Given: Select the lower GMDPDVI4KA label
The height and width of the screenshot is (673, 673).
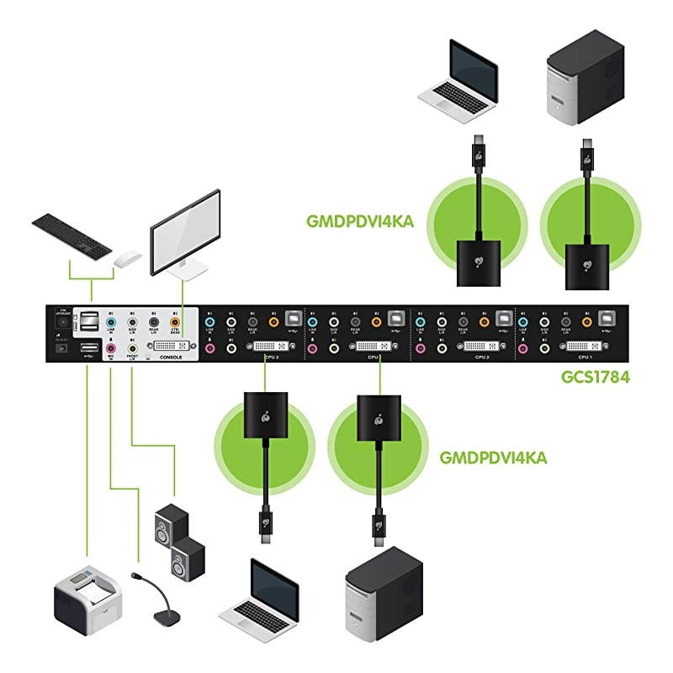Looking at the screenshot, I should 493,458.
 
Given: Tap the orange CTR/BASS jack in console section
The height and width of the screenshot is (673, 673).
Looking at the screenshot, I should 176,321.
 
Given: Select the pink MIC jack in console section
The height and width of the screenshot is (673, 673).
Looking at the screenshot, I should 110,345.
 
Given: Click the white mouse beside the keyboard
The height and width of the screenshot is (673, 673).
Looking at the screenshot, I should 127,258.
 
